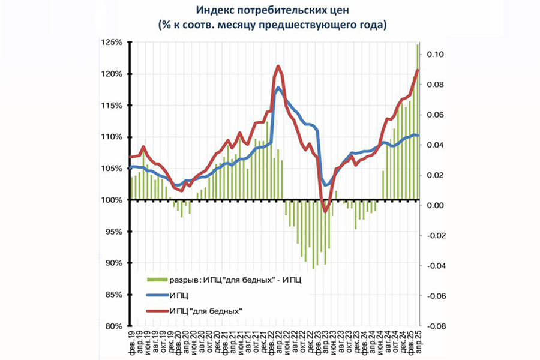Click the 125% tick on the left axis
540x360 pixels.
coord(112,43)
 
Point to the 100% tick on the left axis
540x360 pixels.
coord(112,200)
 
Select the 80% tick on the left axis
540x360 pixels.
coord(112,326)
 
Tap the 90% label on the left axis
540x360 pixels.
coord(114,263)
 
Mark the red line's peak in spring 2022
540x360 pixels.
coord(278,66)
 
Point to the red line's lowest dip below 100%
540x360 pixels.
coord(325,211)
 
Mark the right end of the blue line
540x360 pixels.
coord(418,136)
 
